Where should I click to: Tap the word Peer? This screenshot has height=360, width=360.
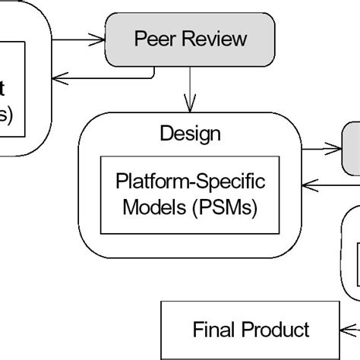coord(152,39)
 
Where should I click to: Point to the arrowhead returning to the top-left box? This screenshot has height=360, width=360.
coord(61,73)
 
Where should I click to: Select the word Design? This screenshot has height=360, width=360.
coord(190,134)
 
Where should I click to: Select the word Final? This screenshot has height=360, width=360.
coord(214,329)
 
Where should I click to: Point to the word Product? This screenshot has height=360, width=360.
coord(276,329)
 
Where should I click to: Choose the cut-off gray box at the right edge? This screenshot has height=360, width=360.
coord(352,148)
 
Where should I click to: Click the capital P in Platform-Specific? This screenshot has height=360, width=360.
coord(122,182)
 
